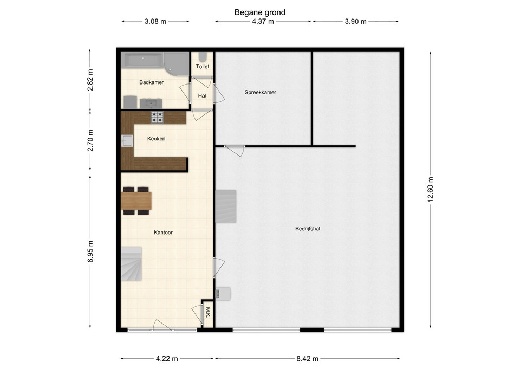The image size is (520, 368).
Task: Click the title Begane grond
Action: coord(259,12)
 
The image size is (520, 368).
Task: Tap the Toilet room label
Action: coord(202,67)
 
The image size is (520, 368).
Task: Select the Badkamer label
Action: coord(151,82)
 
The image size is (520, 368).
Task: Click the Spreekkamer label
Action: coord(261,92)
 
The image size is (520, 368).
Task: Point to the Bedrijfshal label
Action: coord(308,229)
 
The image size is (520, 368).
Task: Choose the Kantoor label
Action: coord(163,233)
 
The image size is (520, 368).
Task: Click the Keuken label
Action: coord(156,139)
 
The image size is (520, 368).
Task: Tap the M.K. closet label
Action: coord(208,312)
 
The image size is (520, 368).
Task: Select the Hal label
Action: coord(202,95)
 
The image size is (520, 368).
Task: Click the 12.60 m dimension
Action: coord(431,189)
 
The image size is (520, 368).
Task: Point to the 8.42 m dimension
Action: coord(308,358)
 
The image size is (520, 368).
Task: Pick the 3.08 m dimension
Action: coord(155,22)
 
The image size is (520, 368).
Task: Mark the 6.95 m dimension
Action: coord(90,251)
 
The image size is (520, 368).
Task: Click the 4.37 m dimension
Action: coord(263,22)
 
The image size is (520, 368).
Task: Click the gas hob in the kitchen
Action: coord(157,118)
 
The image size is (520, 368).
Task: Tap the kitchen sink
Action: coord(127,141)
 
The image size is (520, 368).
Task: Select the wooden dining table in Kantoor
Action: coord(136,201)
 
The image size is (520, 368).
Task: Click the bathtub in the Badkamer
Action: coord(142,60)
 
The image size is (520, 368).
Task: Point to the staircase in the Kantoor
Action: coord(131,264)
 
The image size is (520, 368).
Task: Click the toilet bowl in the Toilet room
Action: coord(202,56)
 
